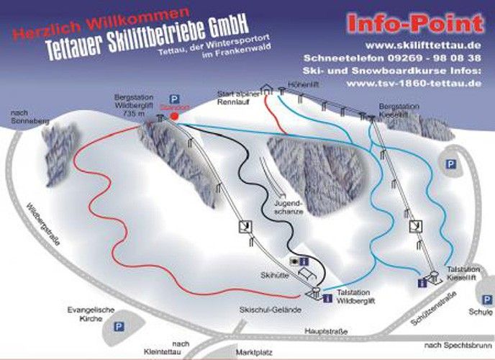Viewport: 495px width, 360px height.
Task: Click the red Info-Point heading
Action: (x=414, y=24)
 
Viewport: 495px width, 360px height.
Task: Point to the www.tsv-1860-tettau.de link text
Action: (x=413, y=83)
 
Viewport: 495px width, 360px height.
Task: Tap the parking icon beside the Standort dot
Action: (x=173, y=100)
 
